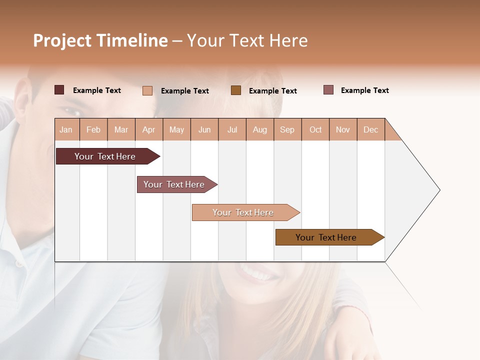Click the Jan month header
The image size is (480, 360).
(x=66, y=129)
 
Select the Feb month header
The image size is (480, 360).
(x=93, y=129)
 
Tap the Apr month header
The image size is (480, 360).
(x=149, y=129)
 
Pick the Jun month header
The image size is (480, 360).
(x=204, y=129)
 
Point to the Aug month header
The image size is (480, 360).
(x=260, y=129)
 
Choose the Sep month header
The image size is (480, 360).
(x=287, y=129)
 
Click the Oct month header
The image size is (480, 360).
(x=315, y=129)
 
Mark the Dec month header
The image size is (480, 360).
(x=371, y=129)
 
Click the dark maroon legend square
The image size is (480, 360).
(x=59, y=90)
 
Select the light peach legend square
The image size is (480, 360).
(x=147, y=90)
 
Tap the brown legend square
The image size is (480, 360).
(x=236, y=90)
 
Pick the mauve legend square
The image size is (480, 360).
(x=328, y=90)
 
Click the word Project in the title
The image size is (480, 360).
(x=62, y=40)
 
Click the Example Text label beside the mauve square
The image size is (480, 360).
(x=364, y=90)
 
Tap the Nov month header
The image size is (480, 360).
(x=343, y=129)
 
